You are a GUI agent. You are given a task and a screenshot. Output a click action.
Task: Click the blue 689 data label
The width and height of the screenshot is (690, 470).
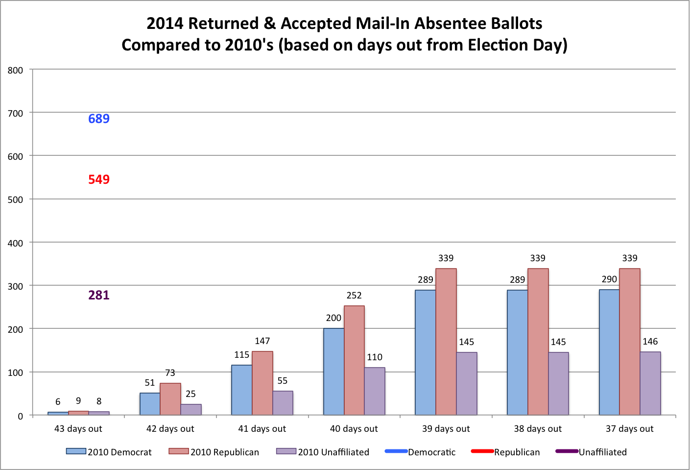pos(99,119)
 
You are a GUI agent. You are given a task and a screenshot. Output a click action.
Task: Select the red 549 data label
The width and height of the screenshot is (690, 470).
pos(99,179)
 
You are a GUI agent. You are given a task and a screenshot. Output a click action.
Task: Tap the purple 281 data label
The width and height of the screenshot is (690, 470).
pos(99,295)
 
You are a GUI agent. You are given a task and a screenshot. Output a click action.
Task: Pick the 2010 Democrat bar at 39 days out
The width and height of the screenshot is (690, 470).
pos(425,352)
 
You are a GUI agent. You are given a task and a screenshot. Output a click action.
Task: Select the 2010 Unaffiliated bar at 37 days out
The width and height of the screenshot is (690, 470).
pos(650,383)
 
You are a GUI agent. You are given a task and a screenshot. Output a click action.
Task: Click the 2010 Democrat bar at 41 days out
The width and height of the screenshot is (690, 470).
pos(241,390)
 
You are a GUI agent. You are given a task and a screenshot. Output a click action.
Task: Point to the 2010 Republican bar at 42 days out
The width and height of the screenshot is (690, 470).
pos(170,399)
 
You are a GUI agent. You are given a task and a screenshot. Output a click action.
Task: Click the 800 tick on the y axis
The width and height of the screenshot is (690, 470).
pos(15,70)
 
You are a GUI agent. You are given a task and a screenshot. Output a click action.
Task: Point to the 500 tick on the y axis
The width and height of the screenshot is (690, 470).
pos(15,199)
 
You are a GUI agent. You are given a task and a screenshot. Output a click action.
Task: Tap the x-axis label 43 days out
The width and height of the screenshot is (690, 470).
pos(78,429)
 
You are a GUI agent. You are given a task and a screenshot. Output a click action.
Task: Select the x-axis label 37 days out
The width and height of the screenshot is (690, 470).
pos(629,429)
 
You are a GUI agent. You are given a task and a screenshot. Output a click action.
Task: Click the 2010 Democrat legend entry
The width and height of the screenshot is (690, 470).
pos(109,452)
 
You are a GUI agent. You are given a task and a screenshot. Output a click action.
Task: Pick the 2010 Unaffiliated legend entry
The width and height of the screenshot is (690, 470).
pos(323,452)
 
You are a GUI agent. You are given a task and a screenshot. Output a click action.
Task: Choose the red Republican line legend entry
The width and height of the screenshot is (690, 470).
pos(505,452)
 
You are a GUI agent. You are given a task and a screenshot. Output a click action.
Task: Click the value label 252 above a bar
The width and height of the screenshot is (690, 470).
pos(354,296)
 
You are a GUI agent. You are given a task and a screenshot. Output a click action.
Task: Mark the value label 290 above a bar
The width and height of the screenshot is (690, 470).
pos(609,279)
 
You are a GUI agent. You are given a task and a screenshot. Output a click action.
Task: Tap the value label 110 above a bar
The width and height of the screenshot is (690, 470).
pos(375,357)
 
